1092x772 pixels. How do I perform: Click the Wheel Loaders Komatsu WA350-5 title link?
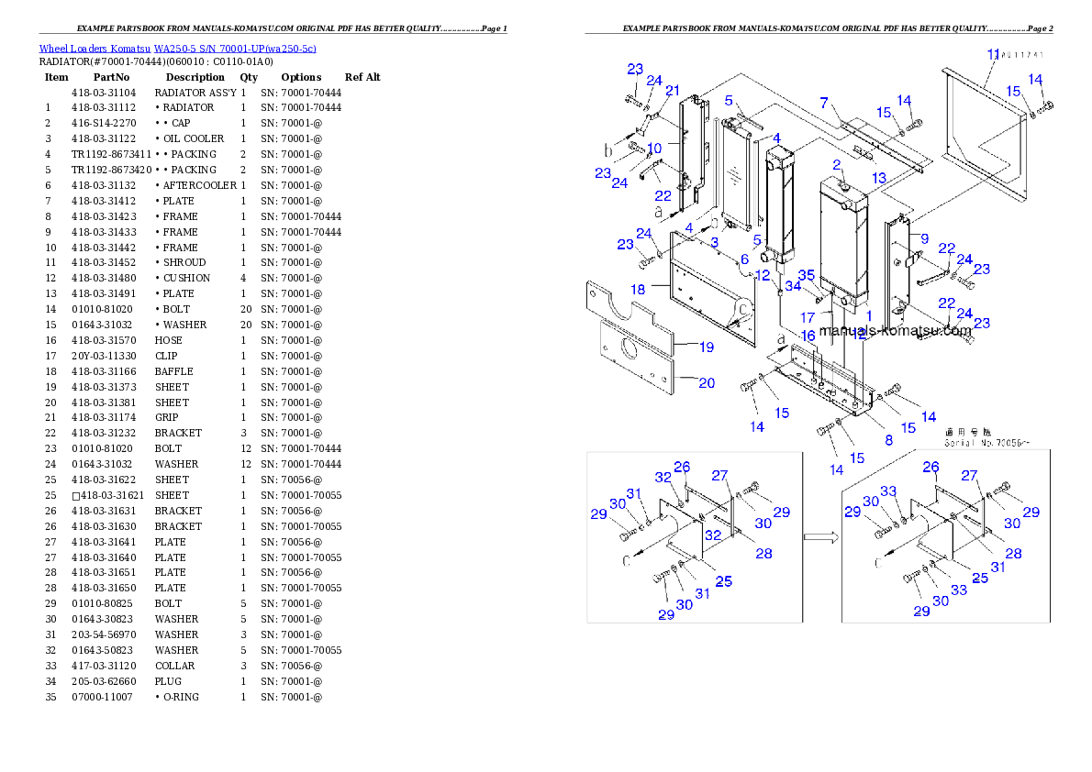(177, 49)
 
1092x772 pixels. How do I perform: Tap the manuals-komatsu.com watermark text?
(895, 331)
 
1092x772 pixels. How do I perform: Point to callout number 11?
(992, 55)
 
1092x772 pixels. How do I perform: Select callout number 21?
(673, 90)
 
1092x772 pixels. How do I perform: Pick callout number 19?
(707, 347)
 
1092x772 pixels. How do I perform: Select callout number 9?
(925, 237)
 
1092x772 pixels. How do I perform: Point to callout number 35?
(806, 274)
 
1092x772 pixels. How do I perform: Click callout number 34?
(793, 287)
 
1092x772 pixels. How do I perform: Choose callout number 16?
(808, 336)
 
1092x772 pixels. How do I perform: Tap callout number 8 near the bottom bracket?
(888, 439)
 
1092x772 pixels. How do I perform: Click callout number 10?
(654, 149)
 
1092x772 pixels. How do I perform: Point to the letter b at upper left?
(607, 149)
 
